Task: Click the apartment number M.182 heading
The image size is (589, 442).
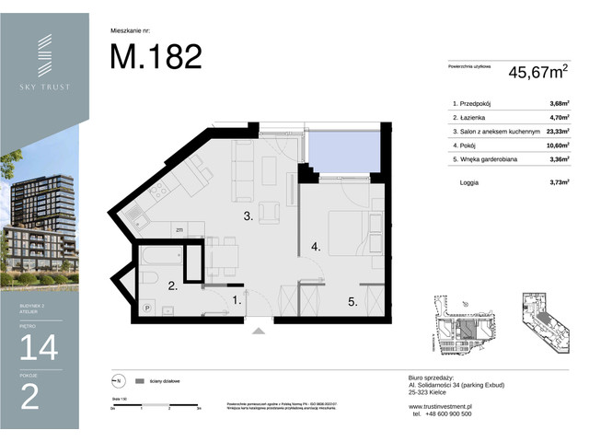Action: [x=156, y=57]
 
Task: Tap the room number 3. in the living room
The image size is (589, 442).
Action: [x=248, y=217]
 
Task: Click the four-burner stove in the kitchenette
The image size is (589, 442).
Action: [x=156, y=193]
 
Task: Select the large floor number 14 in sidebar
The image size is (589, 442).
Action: [x=44, y=346]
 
